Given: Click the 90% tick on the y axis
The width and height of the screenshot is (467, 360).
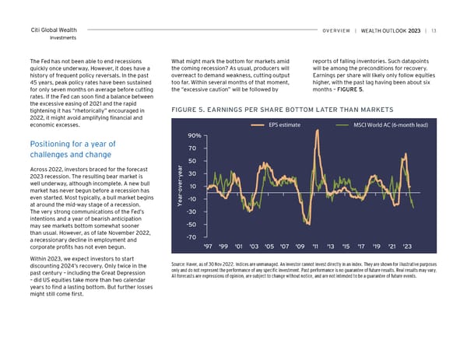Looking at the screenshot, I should point(195,135).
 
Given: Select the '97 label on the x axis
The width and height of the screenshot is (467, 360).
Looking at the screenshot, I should point(209,247).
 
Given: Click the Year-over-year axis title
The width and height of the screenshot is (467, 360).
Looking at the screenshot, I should point(180,187).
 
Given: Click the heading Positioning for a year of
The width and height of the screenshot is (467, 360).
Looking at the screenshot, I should point(72,144).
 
